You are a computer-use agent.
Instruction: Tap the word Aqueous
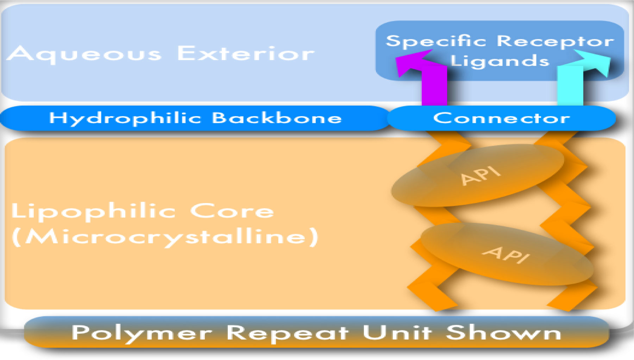click(x=84, y=55)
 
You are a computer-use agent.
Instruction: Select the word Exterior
click(x=245, y=54)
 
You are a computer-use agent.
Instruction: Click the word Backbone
click(x=277, y=118)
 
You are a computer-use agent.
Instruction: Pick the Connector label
click(x=501, y=118)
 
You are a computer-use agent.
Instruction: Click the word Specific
click(x=436, y=42)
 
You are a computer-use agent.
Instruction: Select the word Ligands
click(x=500, y=61)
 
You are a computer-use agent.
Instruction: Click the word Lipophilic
click(x=94, y=211)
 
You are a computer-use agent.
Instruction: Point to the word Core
click(x=232, y=211)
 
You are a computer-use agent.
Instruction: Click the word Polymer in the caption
click(x=142, y=333)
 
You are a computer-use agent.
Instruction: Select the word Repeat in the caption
click(x=287, y=333)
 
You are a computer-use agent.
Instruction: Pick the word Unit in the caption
click(x=397, y=333)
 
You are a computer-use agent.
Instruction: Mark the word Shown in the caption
click(x=503, y=333)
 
